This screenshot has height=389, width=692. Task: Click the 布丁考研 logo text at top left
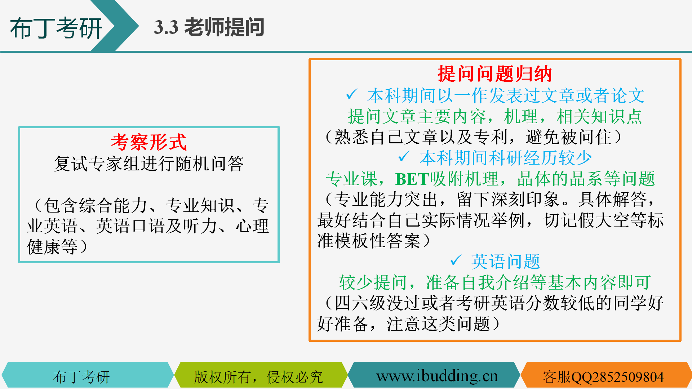[56, 28]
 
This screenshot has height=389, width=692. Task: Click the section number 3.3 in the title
[166, 27]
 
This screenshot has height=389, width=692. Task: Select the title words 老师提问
[224, 27]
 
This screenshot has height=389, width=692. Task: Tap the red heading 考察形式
[149, 142]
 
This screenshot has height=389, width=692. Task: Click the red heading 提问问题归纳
[495, 74]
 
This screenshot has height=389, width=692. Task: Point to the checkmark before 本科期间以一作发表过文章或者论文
[351, 94]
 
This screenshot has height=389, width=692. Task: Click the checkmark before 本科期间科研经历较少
[404, 157]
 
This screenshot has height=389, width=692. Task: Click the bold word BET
[412, 179]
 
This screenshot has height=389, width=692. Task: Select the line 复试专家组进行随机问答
[149, 164]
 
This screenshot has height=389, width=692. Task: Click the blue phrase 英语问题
[506, 261]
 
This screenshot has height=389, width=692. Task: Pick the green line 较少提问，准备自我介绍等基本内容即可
[495, 282]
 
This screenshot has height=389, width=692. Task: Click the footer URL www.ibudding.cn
[437, 376]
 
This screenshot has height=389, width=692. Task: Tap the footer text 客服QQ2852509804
[603, 377]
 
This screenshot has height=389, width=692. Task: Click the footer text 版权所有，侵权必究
[258, 377]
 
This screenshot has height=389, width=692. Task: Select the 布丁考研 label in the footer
[81, 377]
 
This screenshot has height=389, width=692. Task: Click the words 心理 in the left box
[252, 226]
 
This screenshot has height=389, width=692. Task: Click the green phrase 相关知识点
[599, 116]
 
